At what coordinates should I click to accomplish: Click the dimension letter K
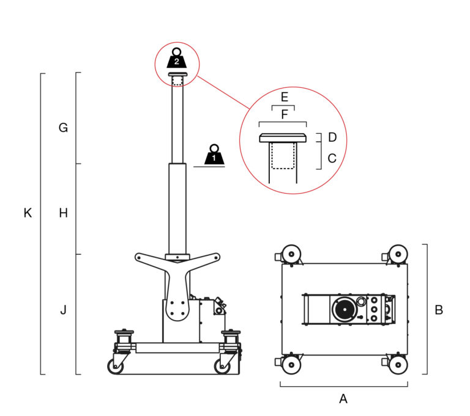pyautogui.click(x=28, y=213)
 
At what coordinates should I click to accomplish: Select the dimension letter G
pyautogui.click(x=63, y=128)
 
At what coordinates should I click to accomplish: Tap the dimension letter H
pyautogui.click(x=63, y=213)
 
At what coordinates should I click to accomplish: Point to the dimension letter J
pyautogui.click(x=63, y=310)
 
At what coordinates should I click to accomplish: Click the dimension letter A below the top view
pyautogui.click(x=343, y=399)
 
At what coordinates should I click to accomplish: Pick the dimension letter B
pyautogui.click(x=438, y=310)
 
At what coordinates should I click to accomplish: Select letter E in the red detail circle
pyautogui.click(x=284, y=98)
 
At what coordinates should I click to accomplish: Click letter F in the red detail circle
pyautogui.click(x=284, y=114)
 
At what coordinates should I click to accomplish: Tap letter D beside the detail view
pyautogui.click(x=332, y=137)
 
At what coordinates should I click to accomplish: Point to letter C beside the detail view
pyautogui.click(x=332, y=158)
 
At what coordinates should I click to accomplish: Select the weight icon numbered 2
pyautogui.click(x=177, y=59)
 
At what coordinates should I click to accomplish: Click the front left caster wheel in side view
pyautogui.click(x=116, y=366)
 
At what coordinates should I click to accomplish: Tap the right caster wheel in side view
pyautogui.click(x=222, y=366)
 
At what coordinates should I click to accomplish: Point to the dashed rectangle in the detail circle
pyautogui.click(x=283, y=155)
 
